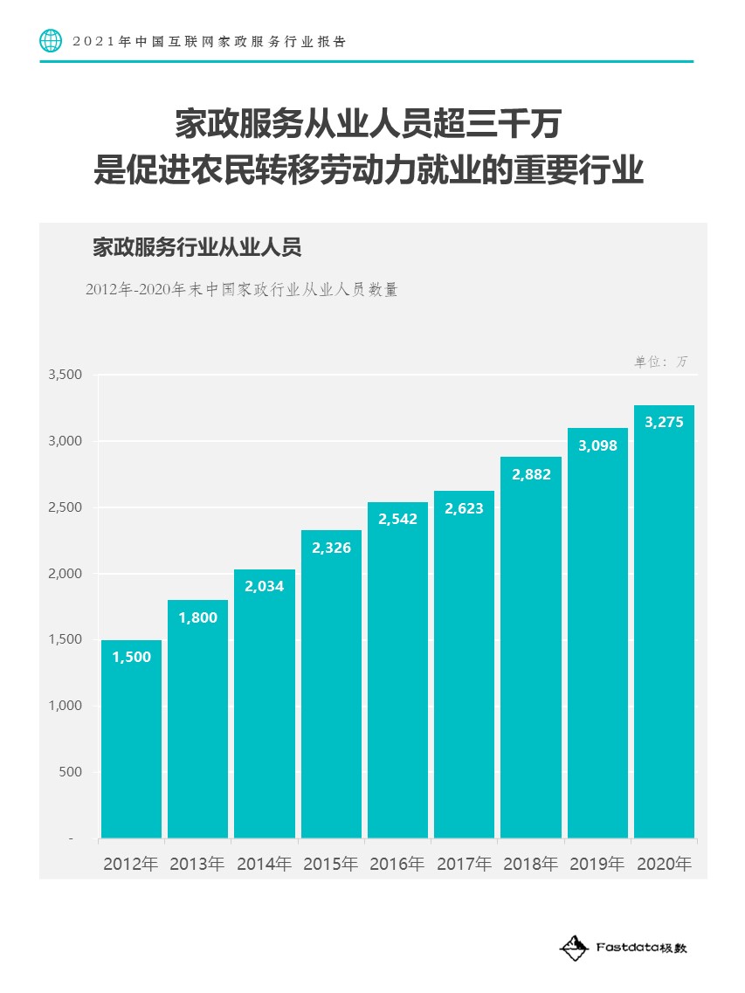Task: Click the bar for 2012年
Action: (131, 739)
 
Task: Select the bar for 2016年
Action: (397, 670)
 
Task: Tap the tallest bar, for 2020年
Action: (664, 621)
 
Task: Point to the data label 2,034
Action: (264, 586)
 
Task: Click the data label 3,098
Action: (597, 445)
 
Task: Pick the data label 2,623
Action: (464, 507)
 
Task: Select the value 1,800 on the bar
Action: (197, 617)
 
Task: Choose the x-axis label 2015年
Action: (331, 865)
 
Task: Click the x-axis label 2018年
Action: (530, 865)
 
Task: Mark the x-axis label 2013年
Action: (197, 865)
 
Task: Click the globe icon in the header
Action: (52, 40)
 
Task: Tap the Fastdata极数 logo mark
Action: (574, 948)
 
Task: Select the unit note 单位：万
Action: (661, 362)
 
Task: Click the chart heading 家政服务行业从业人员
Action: (197, 248)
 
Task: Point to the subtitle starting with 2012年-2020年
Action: (242, 290)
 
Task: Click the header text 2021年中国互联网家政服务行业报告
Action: (210, 41)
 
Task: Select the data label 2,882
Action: (530, 474)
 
